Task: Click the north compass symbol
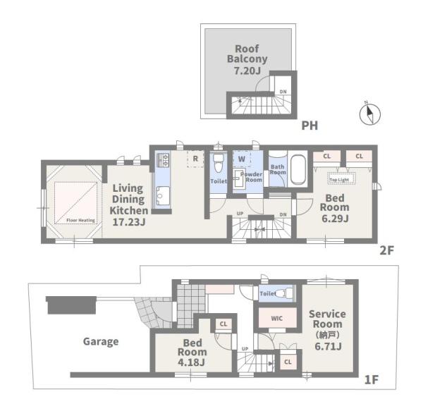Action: (x=370, y=114)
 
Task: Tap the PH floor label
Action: (x=309, y=126)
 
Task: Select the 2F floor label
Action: (x=387, y=251)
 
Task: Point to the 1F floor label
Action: (x=372, y=380)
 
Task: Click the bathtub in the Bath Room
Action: (x=298, y=169)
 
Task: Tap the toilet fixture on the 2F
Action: (x=219, y=163)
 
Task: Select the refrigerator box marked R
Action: (x=195, y=159)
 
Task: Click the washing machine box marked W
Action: (x=242, y=159)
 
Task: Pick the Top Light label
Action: (x=339, y=180)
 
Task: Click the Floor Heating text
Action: (x=80, y=221)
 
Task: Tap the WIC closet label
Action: (x=277, y=318)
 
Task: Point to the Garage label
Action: (x=101, y=342)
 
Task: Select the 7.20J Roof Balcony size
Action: (x=247, y=71)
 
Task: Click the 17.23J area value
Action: (x=129, y=222)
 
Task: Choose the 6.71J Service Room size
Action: (x=329, y=346)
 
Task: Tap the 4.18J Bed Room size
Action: (x=191, y=362)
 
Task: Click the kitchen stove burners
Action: (x=163, y=160)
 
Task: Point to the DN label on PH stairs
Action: (x=283, y=92)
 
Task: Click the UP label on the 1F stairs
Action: (x=245, y=349)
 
